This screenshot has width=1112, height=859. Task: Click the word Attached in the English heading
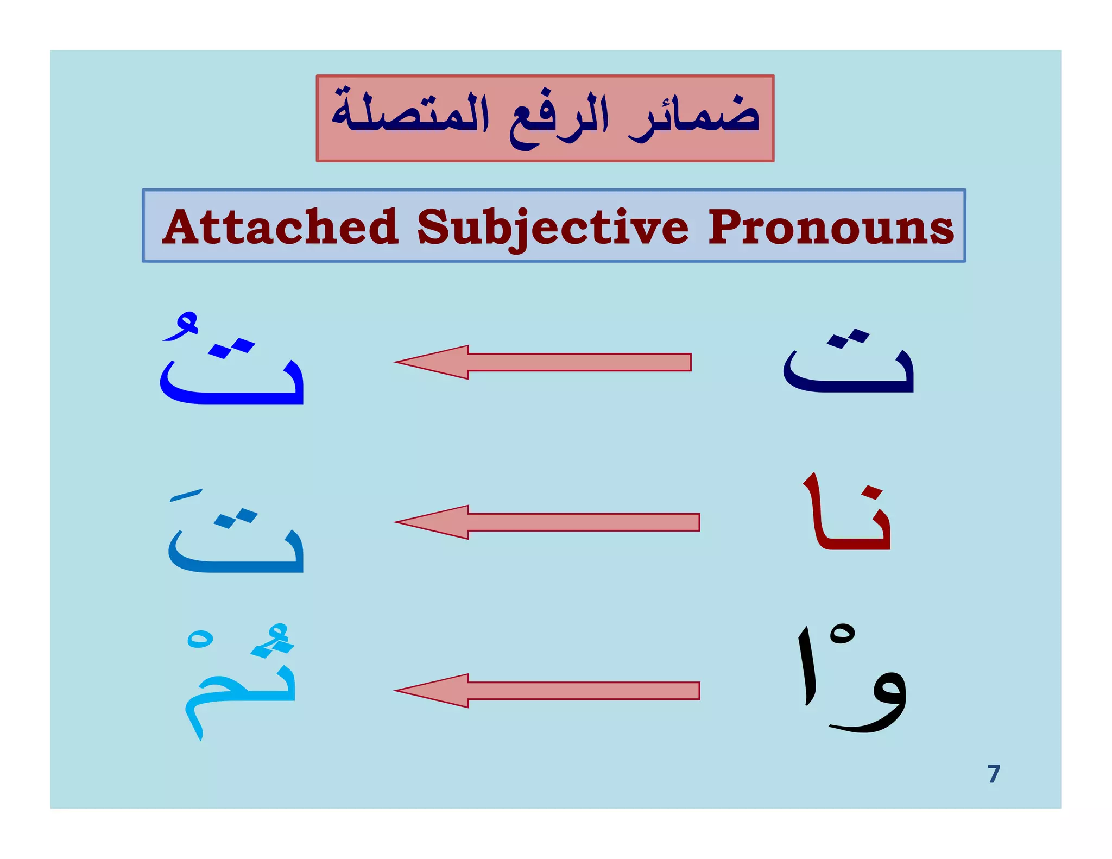(x=281, y=227)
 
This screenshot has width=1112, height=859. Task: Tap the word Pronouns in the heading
(x=830, y=227)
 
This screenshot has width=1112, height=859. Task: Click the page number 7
(x=994, y=774)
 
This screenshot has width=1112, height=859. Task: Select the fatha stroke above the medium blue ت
(x=186, y=495)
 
